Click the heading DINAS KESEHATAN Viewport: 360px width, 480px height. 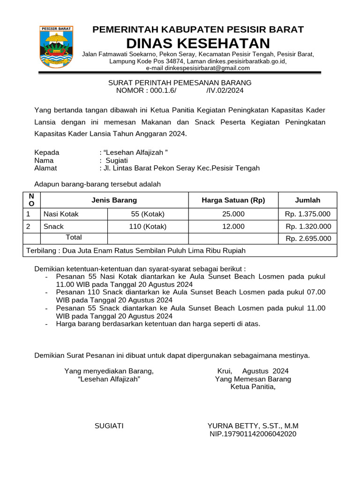tap(198, 43)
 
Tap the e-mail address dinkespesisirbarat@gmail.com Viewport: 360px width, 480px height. tap(198, 68)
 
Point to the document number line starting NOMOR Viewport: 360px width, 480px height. tap(180, 90)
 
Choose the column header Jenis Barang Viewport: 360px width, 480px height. tap(114, 200)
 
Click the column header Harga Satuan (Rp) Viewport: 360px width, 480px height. tap(233, 200)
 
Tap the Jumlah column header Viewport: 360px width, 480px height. tap(307, 200)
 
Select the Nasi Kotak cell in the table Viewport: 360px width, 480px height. tap(61, 214)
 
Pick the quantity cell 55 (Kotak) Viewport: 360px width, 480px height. tap(148, 214)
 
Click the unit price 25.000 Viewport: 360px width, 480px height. tap(233, 214)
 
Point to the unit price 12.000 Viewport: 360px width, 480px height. tap(233, 226)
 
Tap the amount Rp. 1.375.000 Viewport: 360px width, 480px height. tap(307, 214)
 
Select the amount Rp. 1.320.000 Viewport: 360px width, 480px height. tap(307, 226)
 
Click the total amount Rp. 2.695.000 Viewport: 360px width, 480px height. tap(308, 239)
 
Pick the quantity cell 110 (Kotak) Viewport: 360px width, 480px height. tap(148, 226)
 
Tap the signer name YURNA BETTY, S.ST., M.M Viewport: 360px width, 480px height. tap(253, 426)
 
